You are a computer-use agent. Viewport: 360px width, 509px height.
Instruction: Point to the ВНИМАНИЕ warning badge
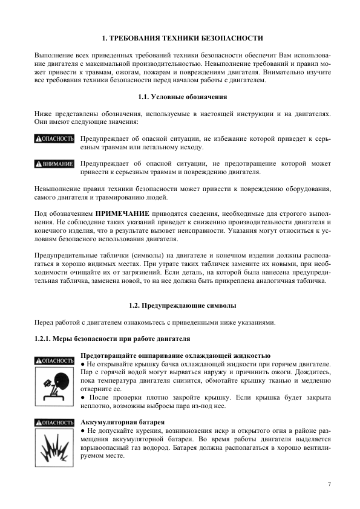[54, 164]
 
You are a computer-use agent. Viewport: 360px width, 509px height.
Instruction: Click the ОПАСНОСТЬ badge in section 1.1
[54, 139]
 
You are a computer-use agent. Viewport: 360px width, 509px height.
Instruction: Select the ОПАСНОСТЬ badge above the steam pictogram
[54, 361]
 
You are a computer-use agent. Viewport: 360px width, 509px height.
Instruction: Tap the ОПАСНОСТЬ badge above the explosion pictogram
[54, 422]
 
